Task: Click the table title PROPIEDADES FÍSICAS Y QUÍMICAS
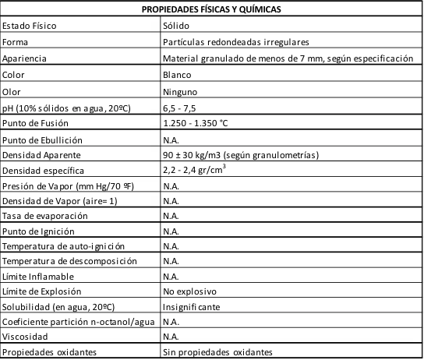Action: tap(212, 9)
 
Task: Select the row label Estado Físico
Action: tap(30, 25)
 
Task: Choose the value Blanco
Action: tap(177, 75)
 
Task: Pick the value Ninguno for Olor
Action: tap(180, 91)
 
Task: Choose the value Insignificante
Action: tap(191, 306)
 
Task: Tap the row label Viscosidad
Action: tap(25, 337)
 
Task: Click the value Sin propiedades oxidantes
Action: tap(218, 352)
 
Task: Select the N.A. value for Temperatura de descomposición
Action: tap(171, 260)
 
